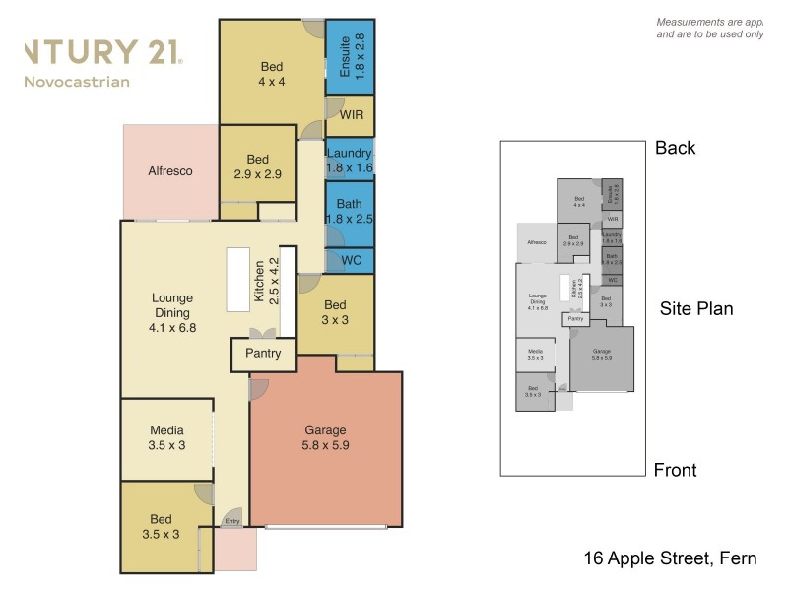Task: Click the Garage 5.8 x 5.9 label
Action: point(325,437)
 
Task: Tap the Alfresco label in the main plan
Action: point(169,171)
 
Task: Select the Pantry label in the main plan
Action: point(263,354)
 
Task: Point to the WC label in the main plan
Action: point(351,262)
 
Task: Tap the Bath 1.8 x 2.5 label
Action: point(350,211)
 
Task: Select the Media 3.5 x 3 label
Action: point(167,437)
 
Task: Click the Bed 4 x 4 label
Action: point(272,74)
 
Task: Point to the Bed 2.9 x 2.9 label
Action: point(258,166)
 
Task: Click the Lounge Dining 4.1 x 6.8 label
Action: point(171,312)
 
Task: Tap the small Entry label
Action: point(232,521)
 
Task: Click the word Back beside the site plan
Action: point(676,149)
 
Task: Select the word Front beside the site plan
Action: point(675,470)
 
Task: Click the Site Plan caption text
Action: point(695,308)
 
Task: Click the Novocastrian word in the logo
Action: point(76,81)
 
